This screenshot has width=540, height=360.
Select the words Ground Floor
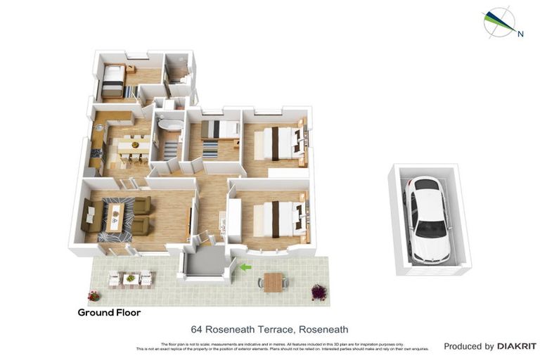[109, 312]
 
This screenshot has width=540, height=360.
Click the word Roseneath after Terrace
[323, 329]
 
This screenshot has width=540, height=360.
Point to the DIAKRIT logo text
[517, 347]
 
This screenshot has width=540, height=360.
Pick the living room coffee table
[115, 216]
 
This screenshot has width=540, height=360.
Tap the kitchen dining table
[133, 147]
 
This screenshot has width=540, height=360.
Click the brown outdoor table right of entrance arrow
[274, 282]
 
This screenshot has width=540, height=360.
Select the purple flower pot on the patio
[319, 291]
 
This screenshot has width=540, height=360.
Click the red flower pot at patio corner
[94, 296]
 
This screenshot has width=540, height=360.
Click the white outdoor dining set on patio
[130, 279]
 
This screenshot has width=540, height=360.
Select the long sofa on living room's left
[89, 216]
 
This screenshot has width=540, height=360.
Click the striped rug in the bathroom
[171, 148]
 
